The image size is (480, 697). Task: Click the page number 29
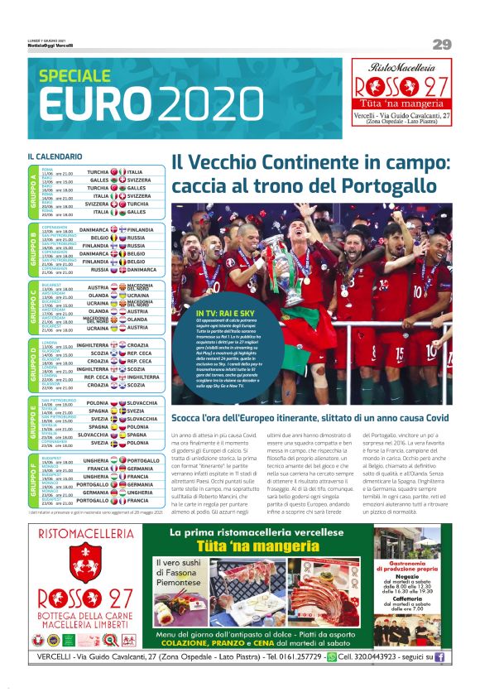(441, 44)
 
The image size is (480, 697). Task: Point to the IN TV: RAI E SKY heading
(202, 312)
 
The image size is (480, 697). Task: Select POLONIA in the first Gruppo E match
(97, 402)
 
